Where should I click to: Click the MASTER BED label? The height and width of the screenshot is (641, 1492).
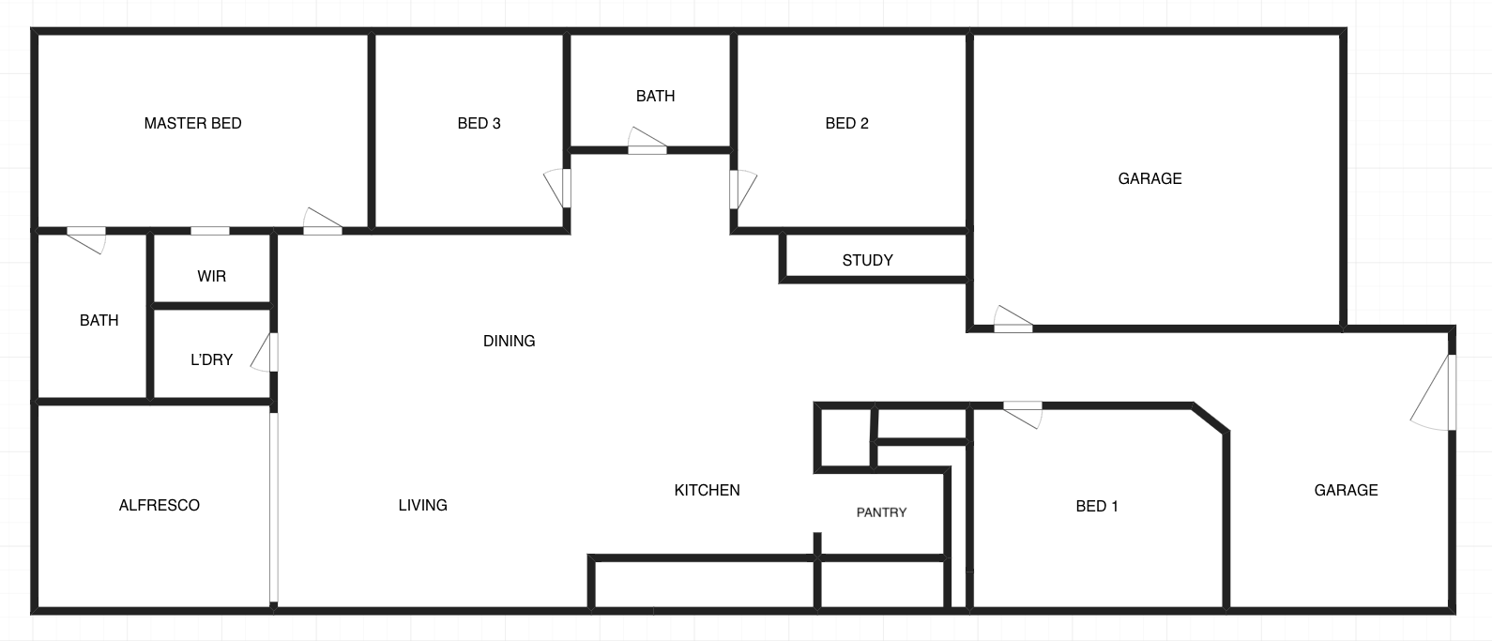click(192, 123)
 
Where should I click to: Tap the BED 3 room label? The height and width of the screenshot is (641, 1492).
click(479, 123)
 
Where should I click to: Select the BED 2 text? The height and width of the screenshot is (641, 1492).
click(846, 123)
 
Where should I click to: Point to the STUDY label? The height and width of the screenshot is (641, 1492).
click(867, 261)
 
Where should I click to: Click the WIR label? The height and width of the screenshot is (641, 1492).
click(212, 277)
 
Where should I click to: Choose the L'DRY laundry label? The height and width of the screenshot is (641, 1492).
click(212, 359)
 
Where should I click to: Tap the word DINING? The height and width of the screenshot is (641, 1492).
click(509, 342)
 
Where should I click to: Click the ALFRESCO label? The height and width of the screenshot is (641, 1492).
click(160, 506)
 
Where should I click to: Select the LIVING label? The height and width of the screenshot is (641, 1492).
click(423, 506)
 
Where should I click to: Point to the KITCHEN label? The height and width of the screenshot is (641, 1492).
click(707, 491)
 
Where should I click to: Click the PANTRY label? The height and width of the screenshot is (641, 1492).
click(881, 512)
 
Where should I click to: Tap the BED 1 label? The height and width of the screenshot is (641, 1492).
click(1097, 507)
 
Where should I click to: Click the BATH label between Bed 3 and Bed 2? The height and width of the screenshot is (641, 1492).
click(655, 96)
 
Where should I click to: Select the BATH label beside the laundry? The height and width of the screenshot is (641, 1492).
click(99, 321)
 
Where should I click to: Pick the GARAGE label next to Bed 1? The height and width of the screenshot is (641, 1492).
click(1347, 491)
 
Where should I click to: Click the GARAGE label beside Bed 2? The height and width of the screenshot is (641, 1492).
click(1149, 178)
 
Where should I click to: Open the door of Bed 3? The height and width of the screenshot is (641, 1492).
click(557, 189)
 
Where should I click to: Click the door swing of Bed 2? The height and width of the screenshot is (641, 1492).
click(743, 190)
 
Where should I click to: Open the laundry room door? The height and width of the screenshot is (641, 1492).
click(265, 353)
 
